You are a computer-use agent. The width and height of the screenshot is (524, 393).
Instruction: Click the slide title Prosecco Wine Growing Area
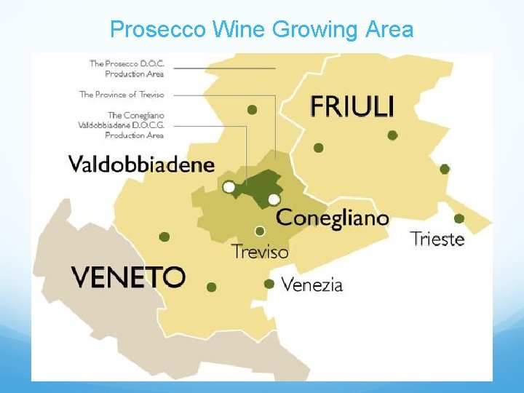pyautogui.click(x=261, y=30)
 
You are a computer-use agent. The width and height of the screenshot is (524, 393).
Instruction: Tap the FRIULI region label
pyautogui.click(x=352, y=106)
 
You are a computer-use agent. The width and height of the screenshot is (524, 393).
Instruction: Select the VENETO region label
pyautogui.click(x=128, y=277)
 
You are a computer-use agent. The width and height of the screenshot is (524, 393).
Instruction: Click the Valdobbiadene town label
pyautogui.click(x=142, y=164)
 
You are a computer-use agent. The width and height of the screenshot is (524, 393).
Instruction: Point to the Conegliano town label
pyautogui.click(x=333, y=218)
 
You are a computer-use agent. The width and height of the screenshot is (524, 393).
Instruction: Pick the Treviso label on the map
pyautogui.click(x=260, y=252)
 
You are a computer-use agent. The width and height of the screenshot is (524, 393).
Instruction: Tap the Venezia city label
pyautogui.click(x=311, y=285)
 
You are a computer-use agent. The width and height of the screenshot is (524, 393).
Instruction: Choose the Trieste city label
pyautogui.click(x=437, y=239)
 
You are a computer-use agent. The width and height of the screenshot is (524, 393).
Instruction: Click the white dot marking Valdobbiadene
pyautogui.click(x=229, y=187)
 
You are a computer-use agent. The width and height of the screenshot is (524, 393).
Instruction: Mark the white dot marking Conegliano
pyautogui.click(x=274, y=199)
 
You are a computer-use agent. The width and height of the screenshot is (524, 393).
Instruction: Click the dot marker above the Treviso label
pyautogui.click(x=260, y=231)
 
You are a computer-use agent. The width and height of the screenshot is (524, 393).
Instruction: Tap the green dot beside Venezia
pyautogui.click(x=269, y=284)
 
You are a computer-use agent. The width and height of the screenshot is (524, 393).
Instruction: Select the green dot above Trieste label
pyautogui.click(x=459, y=218)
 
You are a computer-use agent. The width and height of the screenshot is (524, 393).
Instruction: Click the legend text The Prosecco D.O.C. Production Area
pyautogui.click(x=127, y=68)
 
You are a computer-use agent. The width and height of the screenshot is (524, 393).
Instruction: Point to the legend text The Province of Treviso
pyautogui.click(x=122, y=95)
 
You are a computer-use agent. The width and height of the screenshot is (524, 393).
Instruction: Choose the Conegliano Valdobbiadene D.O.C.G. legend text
pyautogui.click(x=122, y=125)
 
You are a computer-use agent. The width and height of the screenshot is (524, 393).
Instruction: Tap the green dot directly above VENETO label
pyautogui.click(x=164, y=237)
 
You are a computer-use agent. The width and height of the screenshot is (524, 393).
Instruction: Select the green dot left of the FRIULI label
pyautogui.click(x=252, y=110)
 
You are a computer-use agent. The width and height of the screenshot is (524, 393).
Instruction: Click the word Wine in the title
pyautogui.click(x=239, y=30)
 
